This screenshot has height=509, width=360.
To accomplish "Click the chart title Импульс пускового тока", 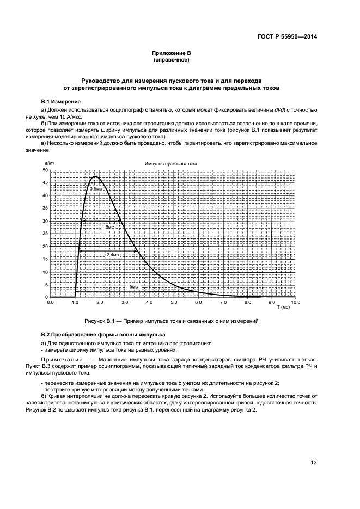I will click(171, 163).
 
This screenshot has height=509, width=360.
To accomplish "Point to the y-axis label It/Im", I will click(48, 163).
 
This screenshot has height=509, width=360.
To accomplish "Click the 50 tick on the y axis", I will click(45, 170).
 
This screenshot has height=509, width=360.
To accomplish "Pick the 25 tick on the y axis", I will click(45, 234).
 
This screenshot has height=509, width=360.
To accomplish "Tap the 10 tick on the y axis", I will click(45, 272).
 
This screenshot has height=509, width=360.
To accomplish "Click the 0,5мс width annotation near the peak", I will click(95, 188).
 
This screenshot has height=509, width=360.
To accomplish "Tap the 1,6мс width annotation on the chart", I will click(109, 226).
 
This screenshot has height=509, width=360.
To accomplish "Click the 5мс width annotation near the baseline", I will click(133, 286).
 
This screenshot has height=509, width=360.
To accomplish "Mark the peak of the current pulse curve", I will click(96, 176).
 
